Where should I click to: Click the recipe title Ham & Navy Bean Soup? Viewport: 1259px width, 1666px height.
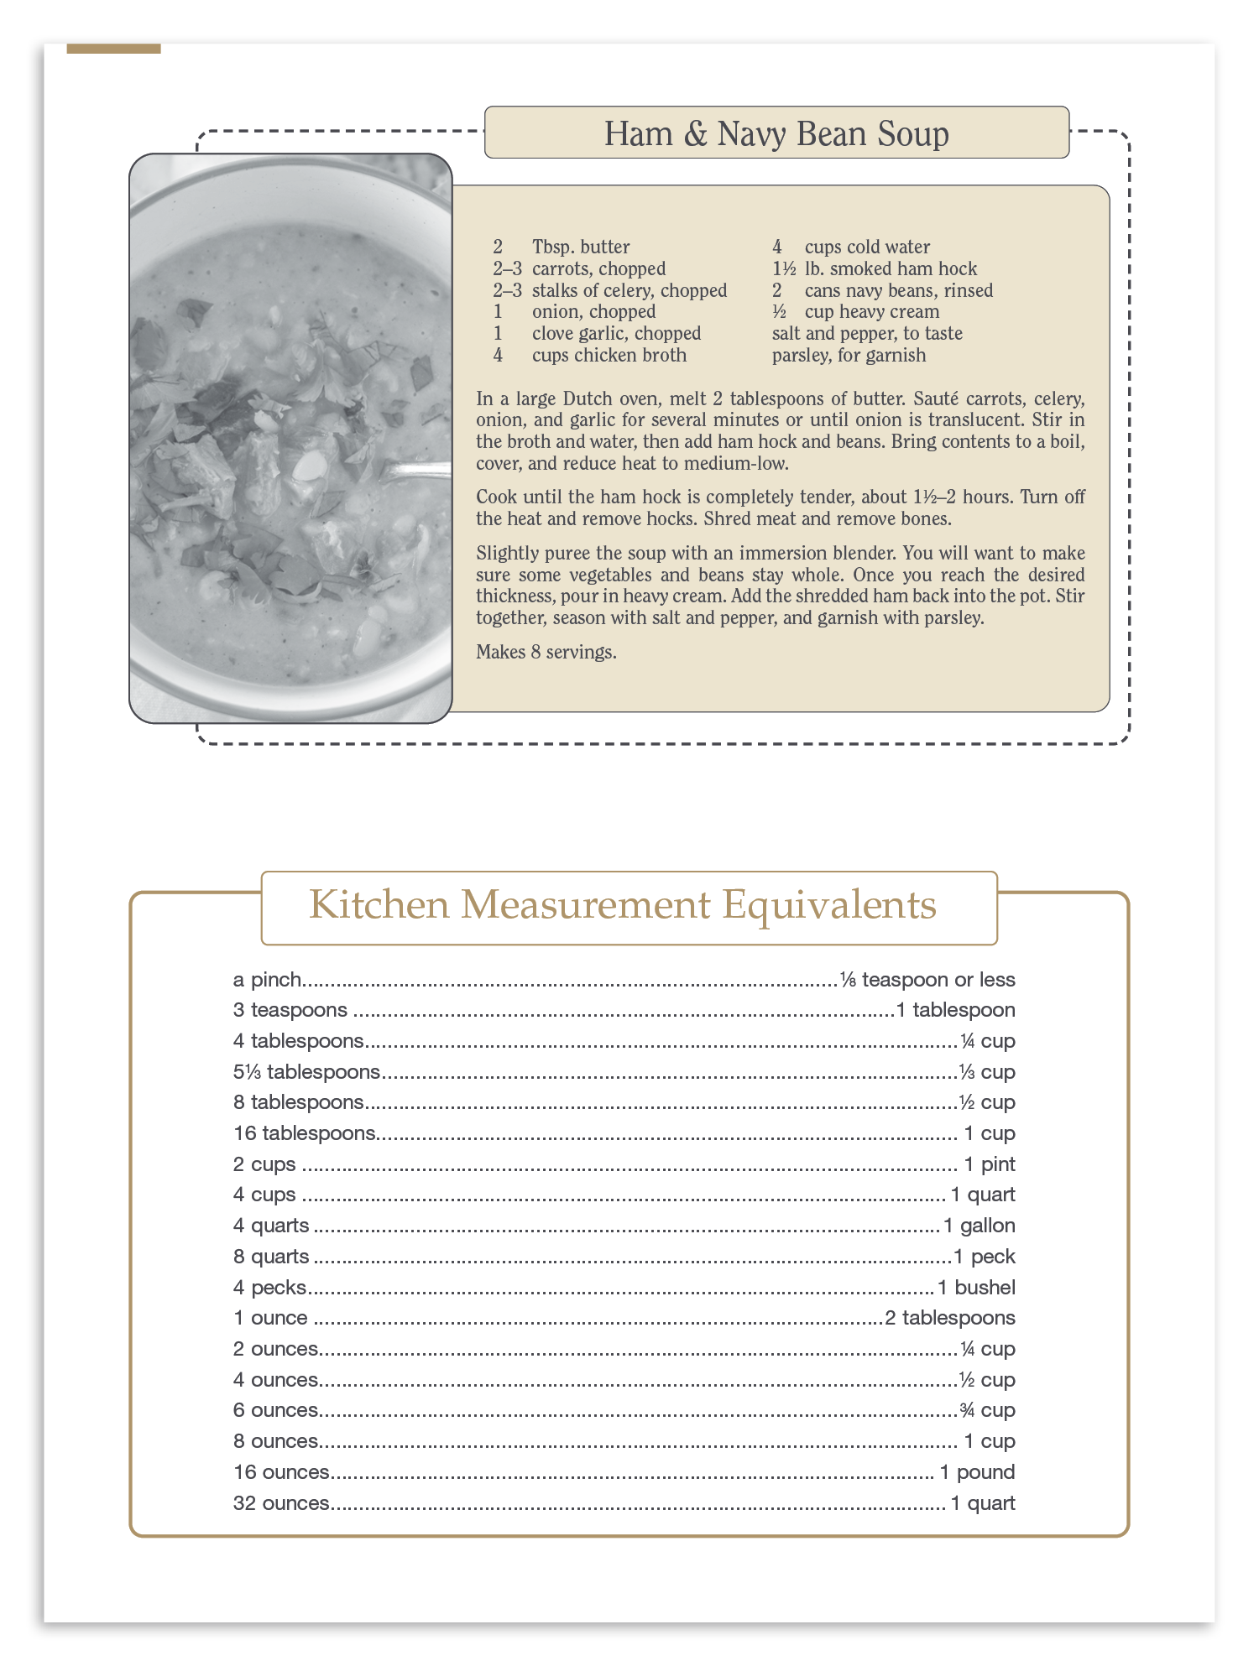click(776, 133)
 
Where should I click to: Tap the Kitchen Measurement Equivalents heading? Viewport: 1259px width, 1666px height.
click(623, 905)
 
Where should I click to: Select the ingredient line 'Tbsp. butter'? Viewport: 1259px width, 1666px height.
click(581, 247)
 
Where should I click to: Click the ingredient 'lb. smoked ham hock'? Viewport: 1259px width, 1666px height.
click(891, 268)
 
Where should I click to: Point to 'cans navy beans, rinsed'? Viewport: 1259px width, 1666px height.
click(898, 290)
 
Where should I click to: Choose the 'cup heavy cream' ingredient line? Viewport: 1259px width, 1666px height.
click(871, 312)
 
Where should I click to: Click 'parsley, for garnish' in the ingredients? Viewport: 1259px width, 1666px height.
click(849, 355)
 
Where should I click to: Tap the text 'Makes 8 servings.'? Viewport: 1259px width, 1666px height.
click(546, 652)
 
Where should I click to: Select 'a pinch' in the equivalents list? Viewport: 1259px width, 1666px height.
click(267, 980)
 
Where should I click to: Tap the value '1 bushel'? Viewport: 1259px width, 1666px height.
click(976, 1288)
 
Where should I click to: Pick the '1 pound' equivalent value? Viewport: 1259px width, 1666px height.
click(977, 1472)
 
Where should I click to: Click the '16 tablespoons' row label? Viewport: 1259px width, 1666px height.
click(304, 1133)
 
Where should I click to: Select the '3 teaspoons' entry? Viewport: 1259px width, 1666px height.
click(290, 1010)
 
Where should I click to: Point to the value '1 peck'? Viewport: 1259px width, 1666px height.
click(985, 1257)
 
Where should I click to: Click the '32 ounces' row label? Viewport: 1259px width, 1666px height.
click(281, 1503)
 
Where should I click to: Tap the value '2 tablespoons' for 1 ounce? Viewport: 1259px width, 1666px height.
click(950, 1318)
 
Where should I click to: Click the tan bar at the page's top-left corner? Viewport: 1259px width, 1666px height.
click(113, 49)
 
